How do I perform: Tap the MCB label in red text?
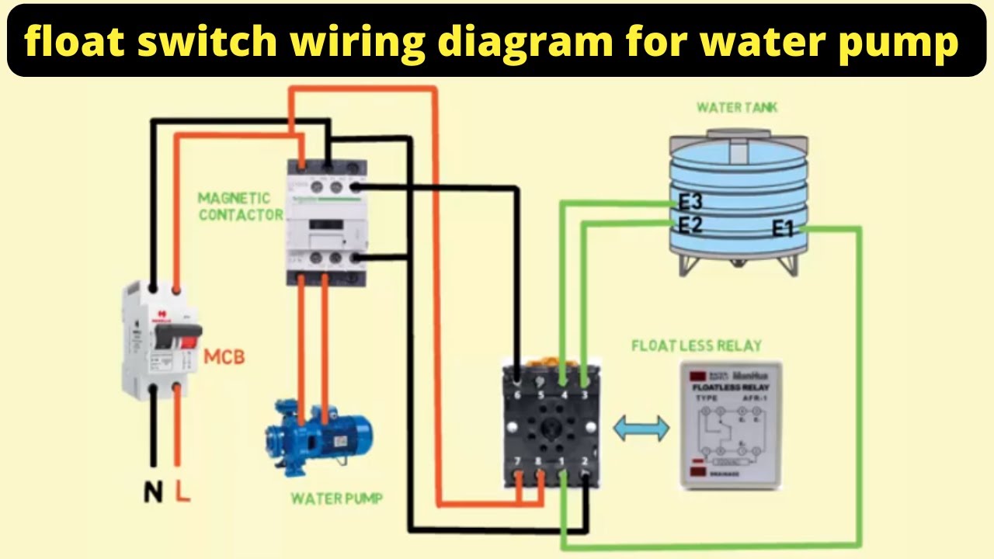[x=224, y=358]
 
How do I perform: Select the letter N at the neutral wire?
[x=153, y=492]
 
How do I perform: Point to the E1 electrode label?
[x=784, y=228]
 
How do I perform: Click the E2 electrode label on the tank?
[x=690, y=225]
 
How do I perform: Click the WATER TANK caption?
[x=736, y=107]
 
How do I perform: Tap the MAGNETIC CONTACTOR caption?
[x=239, y=207]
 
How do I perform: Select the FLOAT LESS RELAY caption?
[x=696, y=345]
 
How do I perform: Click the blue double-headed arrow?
[x=641, y=429]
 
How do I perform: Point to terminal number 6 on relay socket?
[x=518, y=394]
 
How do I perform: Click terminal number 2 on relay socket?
[x=584, y=464]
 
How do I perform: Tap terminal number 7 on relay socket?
[x=518, y=464]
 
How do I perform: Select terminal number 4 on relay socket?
[x=563, y=394]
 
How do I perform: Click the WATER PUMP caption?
[x=336, y=498]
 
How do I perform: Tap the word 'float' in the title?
[x=74, y=41]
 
